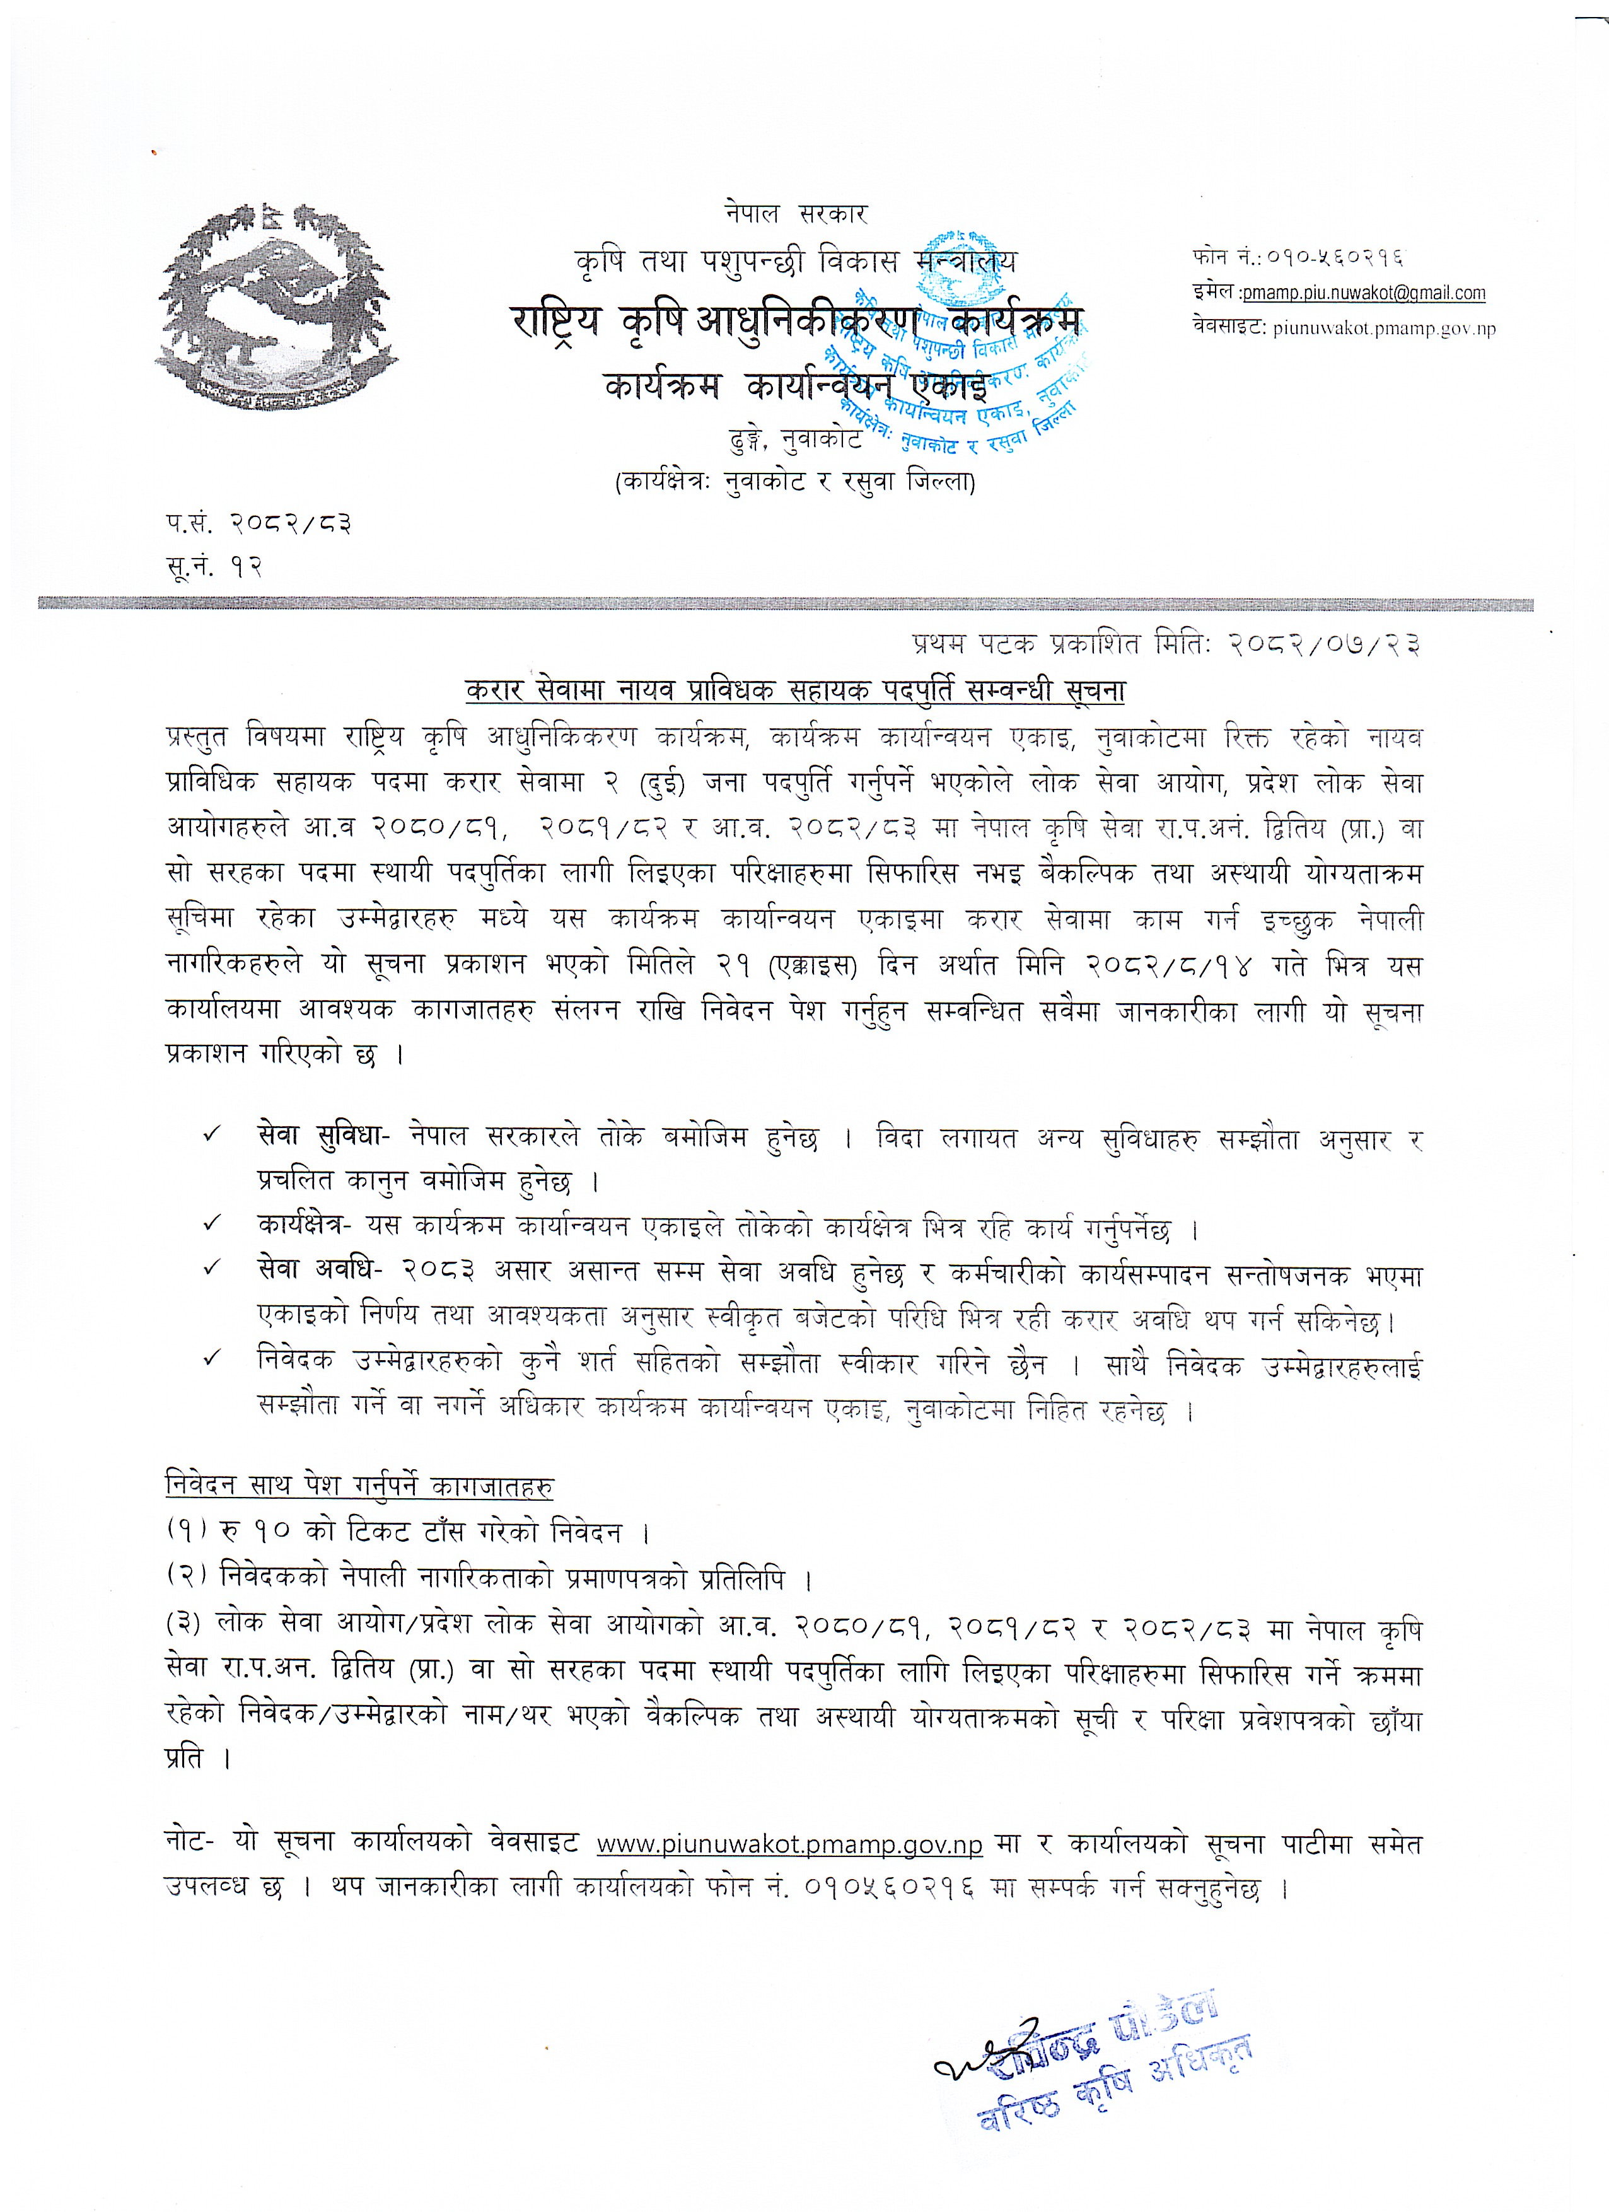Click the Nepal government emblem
point(276,305)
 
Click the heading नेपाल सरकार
point(795,214)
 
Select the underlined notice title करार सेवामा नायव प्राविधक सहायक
point(795,690)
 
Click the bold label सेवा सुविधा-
point(323,1136)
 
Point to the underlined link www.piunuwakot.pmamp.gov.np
point(789,1845)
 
